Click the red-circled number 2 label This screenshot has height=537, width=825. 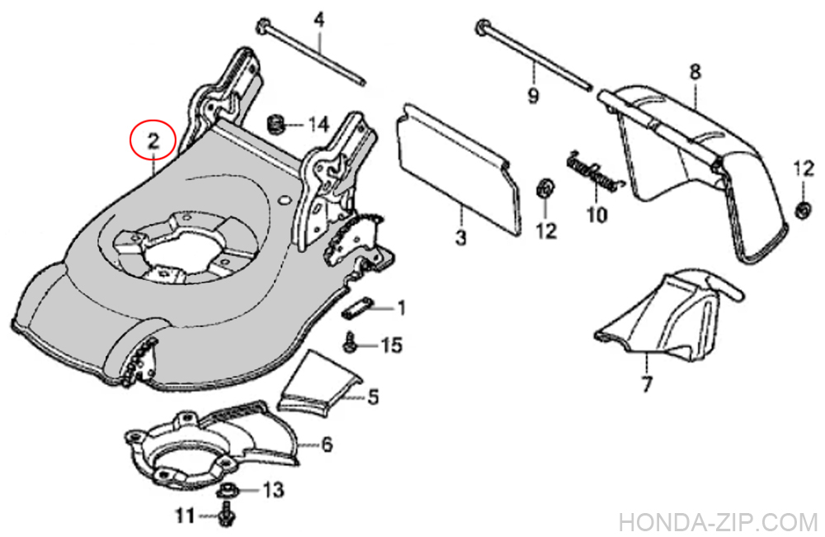(153, 140)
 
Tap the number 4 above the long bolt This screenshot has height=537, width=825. (319, 17)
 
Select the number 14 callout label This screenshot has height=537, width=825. (318, 126)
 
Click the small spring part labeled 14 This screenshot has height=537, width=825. (278, 125)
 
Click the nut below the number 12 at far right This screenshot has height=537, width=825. (801, 210)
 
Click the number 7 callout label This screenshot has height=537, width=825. (646, 383)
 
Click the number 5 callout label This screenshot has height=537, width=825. (373, 397)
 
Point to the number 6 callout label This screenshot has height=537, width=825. (327, 445)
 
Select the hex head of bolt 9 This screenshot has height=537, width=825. (481, 30)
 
